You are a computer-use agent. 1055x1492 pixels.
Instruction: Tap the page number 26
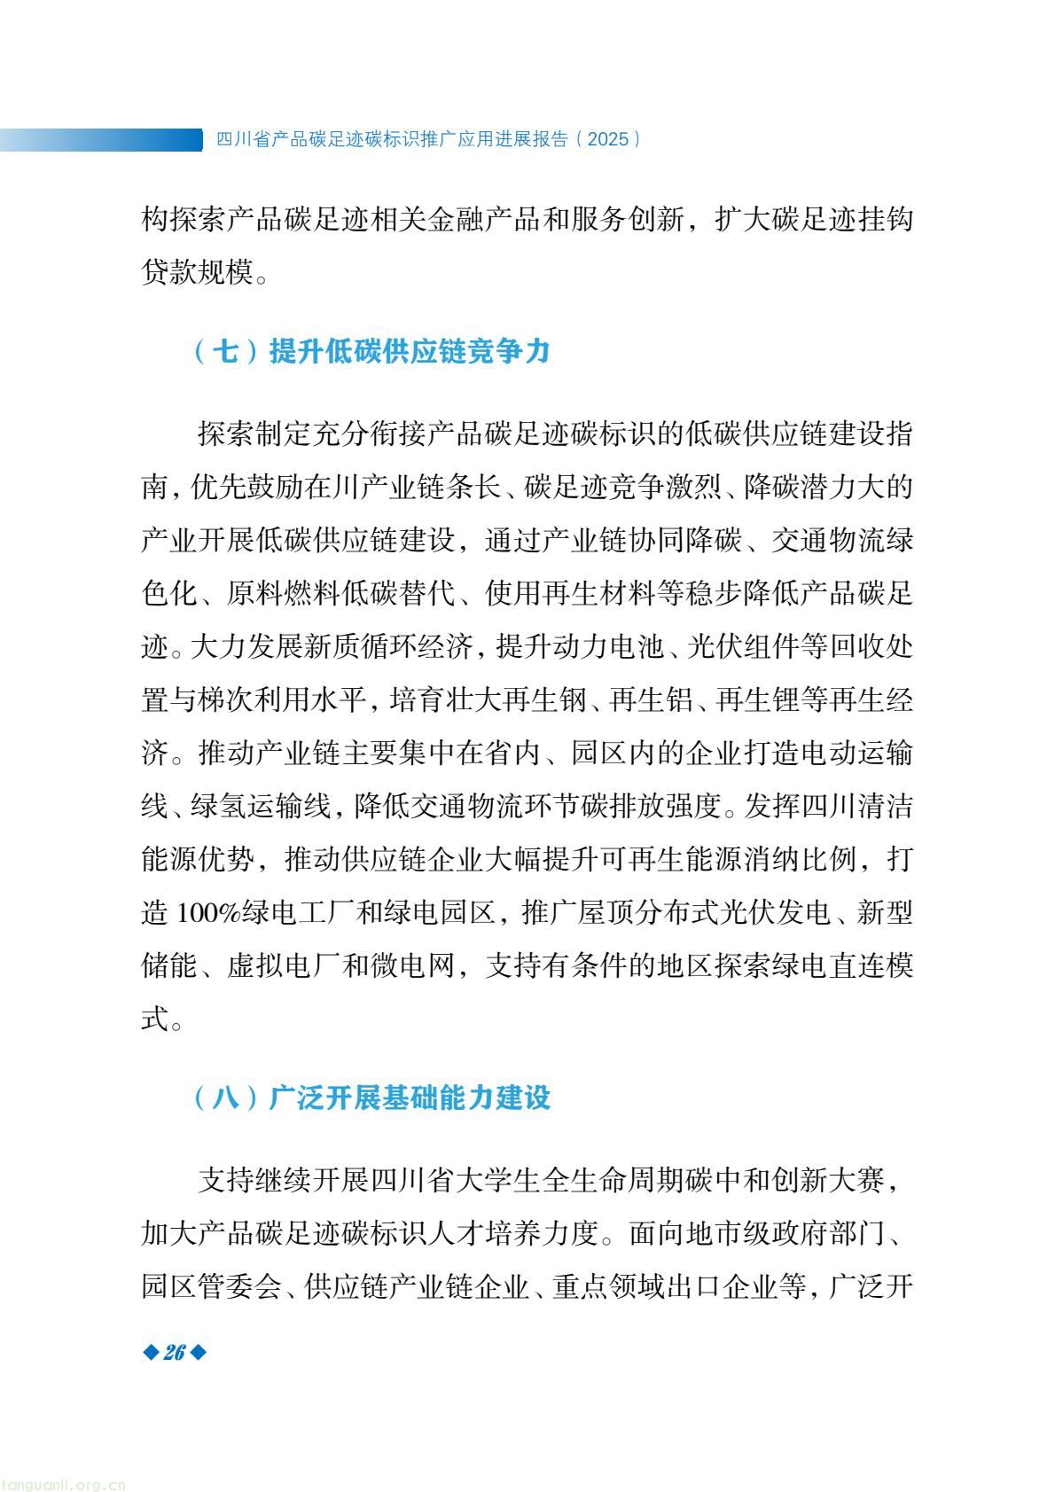click(x=174, y=1352)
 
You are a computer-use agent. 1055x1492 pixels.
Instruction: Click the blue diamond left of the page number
click(x=150, y=1352)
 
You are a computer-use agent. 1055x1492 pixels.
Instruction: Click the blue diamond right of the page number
click(x=198, y=1352)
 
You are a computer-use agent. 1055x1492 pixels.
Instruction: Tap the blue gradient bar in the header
click(x=101, y=139)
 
